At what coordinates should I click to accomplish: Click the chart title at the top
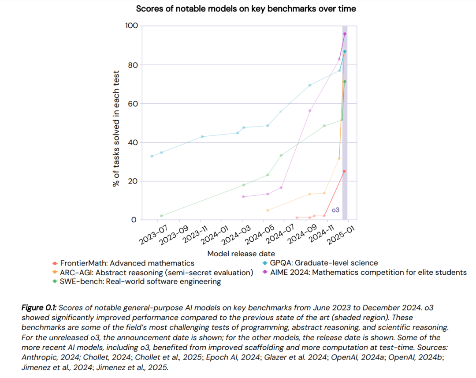coord(246,9)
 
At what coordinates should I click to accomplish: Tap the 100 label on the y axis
coord(131,26)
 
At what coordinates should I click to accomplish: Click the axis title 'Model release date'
coord(241,254)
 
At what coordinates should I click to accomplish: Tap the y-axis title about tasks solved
coord(116,128)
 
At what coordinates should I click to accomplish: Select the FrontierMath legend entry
coord(123,263)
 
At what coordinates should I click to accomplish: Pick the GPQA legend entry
coord(320,263)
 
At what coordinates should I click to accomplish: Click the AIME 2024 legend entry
coord(364,272)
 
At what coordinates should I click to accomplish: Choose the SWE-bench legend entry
coord(137,281)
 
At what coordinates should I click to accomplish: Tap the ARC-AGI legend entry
coord(153,273)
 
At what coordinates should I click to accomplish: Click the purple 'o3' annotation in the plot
coord(335,210)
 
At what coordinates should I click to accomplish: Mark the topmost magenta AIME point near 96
coord(345,34)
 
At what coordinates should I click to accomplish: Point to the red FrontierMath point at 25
coord(344,172)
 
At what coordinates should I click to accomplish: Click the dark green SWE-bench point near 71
coord(345,82)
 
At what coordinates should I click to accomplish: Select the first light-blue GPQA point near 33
coord(152,156)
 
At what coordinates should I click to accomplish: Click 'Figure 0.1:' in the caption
coord(39,308)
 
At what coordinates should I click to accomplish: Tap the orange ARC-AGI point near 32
coord(339,159)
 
